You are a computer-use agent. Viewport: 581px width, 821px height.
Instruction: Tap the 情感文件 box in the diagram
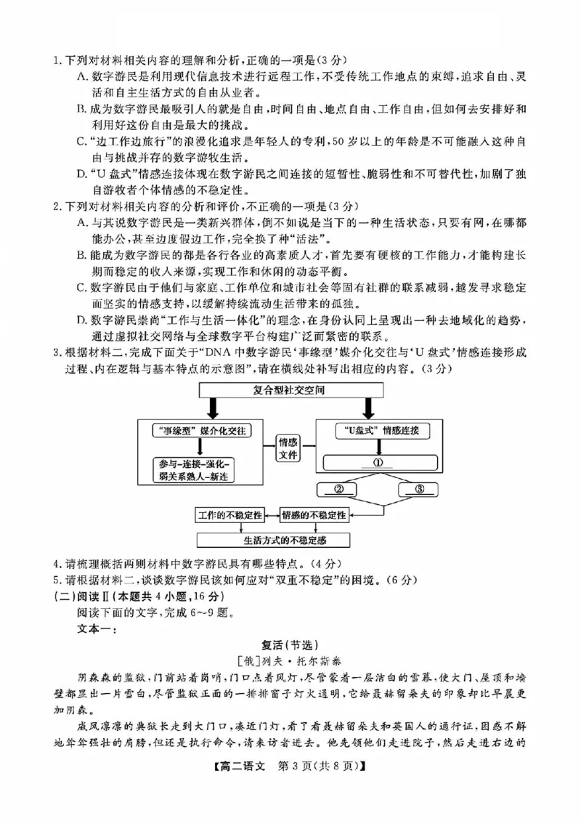pos(288,448)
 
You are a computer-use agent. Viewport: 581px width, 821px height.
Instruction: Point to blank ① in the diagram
pos(380,462)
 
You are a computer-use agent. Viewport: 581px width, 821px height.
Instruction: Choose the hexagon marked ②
pos(338,489)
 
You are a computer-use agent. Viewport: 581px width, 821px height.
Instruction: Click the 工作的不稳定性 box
pos(230,514)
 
